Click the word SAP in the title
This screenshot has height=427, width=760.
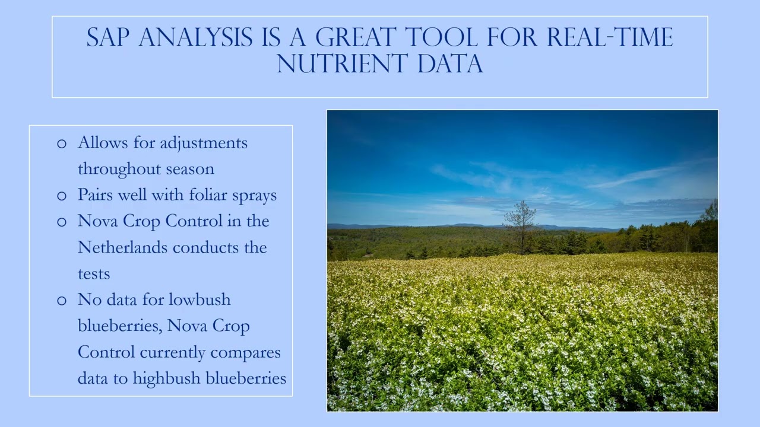109,38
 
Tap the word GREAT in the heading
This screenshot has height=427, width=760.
356,38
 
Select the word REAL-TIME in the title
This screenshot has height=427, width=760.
610,38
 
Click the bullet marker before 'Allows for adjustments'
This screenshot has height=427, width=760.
62,144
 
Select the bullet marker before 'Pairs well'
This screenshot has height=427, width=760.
62,196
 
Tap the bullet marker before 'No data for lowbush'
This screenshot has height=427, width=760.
62,300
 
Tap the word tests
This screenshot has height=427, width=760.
94,274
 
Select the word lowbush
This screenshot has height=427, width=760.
199,299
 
